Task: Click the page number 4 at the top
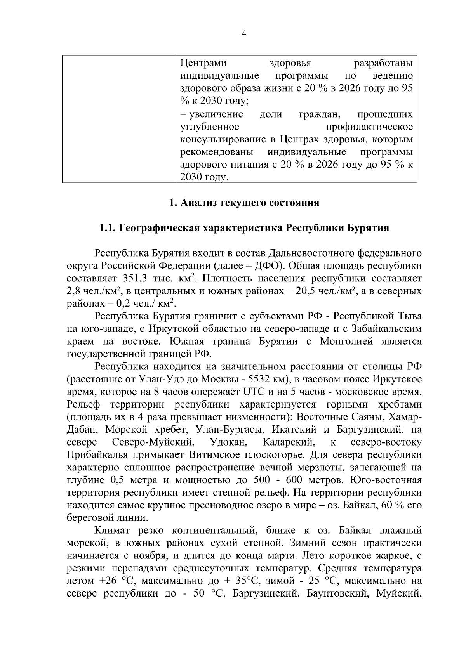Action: tap(243, 33)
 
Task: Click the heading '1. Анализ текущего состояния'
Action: tap(244, 203)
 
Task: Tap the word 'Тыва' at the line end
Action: tap(409, 316)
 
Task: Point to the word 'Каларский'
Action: tap(288, 442)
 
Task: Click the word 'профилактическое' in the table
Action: tap(369, 127)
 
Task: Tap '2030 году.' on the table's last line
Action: tap(204, 177)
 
